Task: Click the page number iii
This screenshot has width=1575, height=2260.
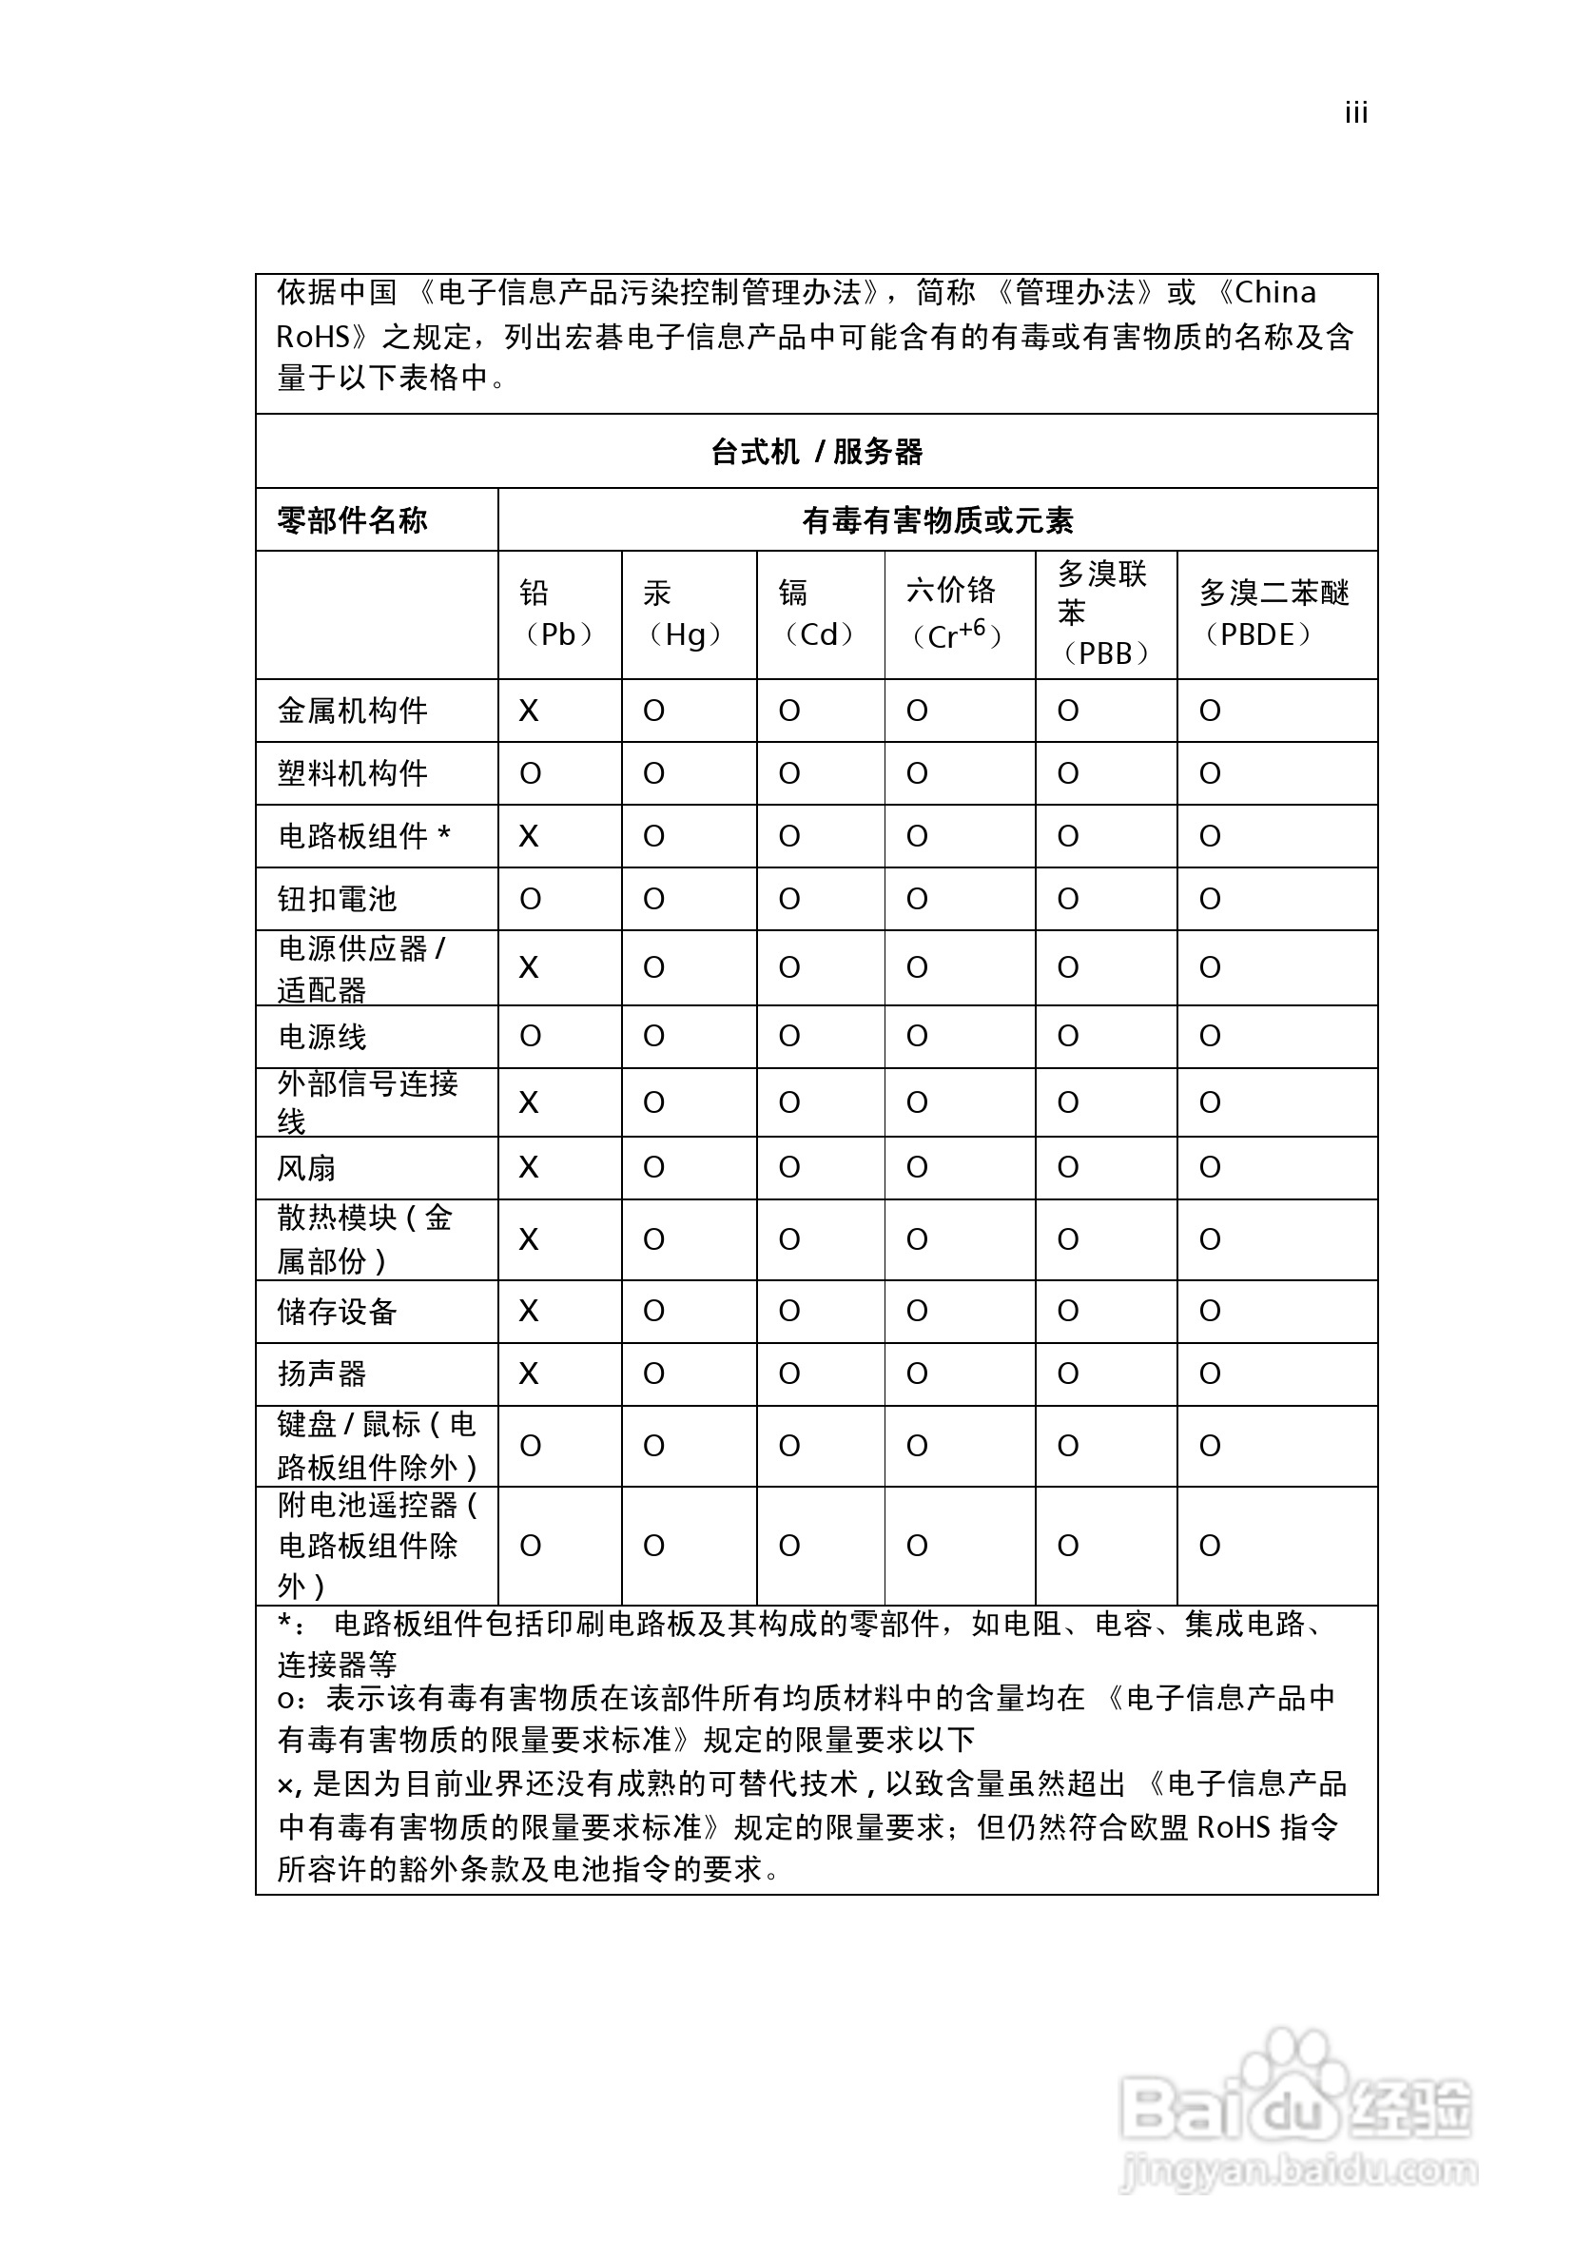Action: (1355, 114)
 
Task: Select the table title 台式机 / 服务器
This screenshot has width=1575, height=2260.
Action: (816, 452)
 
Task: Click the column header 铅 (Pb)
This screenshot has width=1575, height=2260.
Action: (558, 614)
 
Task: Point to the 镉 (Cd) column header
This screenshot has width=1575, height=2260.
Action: (818, 614)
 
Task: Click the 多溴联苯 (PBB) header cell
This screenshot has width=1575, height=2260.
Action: (1104, 614)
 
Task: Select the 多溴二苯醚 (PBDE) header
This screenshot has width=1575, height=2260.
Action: (1274, 614)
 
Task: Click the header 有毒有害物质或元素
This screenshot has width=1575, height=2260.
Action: (937, 520)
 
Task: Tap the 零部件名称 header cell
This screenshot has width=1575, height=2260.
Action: (353, 520)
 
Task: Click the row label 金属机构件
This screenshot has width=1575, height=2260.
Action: (353, 711)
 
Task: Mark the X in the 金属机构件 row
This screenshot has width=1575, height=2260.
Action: (529, 711)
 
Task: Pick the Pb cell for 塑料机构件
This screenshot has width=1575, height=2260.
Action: (530, 773)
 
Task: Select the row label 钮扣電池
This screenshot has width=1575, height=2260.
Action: (337, 899)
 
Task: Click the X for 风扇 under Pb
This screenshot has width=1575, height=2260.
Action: (529, 1167)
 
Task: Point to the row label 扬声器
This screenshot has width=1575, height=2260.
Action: (321, 1374)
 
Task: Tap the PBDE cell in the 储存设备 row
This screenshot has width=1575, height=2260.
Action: (1210, 1311)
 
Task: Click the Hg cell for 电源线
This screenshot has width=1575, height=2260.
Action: (653, 1036)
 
